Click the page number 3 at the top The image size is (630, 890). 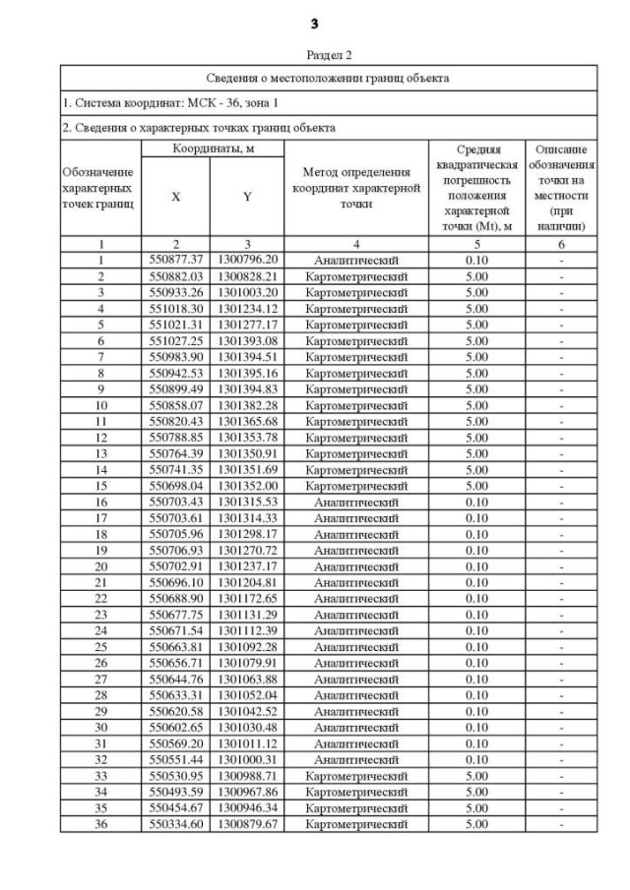tap(314, 23)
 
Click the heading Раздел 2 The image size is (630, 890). tap(314, 55)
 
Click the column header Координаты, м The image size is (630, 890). tap(212, 148)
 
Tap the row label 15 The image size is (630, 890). tap(100, 485)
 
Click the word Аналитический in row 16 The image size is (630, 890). tap(356, 502)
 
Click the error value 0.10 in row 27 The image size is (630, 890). tap(476, 679)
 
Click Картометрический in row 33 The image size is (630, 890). tap(356, 775)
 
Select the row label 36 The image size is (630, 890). tap(100, 823)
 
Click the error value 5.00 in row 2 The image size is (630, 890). tap(476, 276)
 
